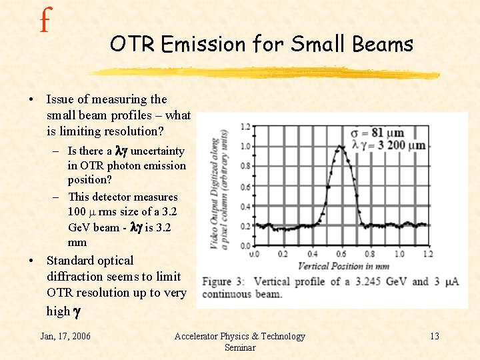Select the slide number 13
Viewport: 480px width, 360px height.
pyautogui.click(x=434, y=336)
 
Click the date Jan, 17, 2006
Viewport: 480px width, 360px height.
pyautogui.click(x=65, y=336)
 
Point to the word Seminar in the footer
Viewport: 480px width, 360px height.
pyautogui.click(x=239, y=348)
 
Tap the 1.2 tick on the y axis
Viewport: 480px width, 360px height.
pyautogui.click(x=246, y=127)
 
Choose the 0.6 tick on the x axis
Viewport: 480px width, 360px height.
pyautogui.click(x=341, y=254)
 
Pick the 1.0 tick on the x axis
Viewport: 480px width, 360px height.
pyautogui.click(x=399, y=254)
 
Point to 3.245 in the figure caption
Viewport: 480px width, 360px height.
pyautogui.click(x=364, y=282)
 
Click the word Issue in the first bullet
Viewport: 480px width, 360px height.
pyautogui.click(x=61, y=99)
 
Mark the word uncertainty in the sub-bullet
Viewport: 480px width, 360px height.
pyautogui.click(x=157, y=151)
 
